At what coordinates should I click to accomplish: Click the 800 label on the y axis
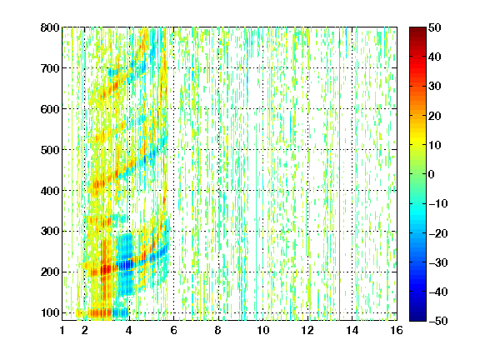50,27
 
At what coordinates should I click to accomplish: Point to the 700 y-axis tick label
50,68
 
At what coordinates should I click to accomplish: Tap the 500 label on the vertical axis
50,150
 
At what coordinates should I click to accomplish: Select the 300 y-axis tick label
50,231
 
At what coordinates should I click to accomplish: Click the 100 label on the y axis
50,312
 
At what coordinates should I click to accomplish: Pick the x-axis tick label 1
62,330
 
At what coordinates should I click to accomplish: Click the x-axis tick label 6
174,330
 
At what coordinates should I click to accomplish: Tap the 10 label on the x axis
263,330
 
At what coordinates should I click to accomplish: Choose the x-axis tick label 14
352,330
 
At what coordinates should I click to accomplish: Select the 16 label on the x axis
397,330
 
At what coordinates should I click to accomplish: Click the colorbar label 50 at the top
435,27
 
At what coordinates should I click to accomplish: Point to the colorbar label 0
432,174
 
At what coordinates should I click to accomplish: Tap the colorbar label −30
438,262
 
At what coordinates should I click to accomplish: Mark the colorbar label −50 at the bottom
438,321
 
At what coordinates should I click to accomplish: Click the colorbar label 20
435,116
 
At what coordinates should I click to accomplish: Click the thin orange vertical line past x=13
339,174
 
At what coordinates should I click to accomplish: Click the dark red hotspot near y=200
106,270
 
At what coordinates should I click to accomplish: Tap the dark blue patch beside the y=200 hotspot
125,265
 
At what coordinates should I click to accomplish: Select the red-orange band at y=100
97,312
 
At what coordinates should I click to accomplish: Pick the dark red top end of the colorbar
417,31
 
